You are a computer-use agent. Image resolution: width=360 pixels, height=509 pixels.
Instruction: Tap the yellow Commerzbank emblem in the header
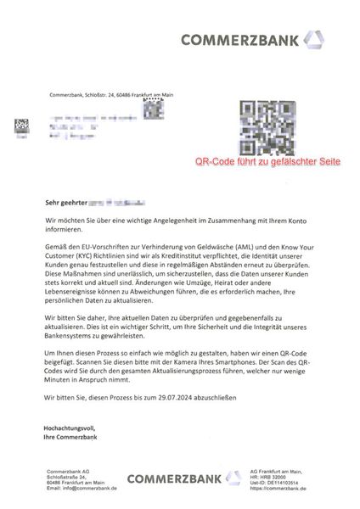[x=314, y=39]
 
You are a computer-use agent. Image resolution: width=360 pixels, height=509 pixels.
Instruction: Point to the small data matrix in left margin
[x=19, y=126]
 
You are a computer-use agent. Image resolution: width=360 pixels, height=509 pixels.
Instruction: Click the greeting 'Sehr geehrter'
[x=66, y=204]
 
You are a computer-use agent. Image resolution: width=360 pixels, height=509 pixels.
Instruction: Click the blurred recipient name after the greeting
[x=115, y=204]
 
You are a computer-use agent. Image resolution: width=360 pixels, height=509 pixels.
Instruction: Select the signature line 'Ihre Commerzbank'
[x=71, y=437]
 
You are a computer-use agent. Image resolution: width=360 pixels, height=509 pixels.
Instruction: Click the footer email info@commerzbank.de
[x=83, y=489]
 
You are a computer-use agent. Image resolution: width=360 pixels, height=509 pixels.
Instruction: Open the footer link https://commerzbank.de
[x=281, y=489]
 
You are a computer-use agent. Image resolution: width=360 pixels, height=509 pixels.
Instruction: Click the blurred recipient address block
[x=81, y=121]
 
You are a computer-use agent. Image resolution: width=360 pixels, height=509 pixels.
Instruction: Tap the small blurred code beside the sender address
[x=152, y=108]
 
